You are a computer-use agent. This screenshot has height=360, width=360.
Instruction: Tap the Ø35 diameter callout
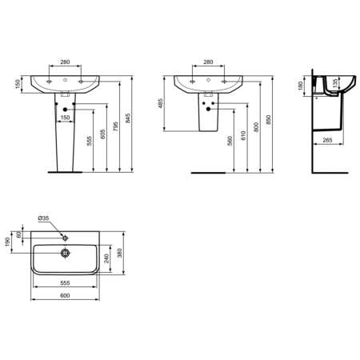[44, 217]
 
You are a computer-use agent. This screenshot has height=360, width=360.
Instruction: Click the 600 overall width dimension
[65, 295]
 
